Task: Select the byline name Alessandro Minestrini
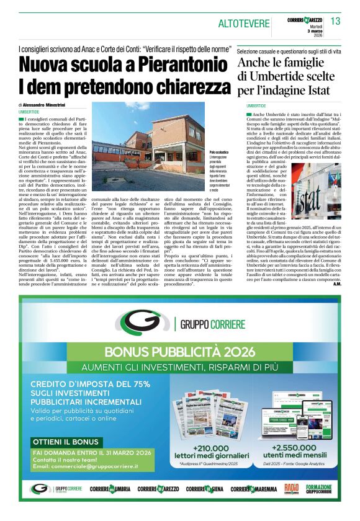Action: tap(47, 105)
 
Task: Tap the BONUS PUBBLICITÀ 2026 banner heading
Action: tap(180, 352)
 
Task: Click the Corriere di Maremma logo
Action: tap(253, 489)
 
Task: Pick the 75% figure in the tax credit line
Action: tap(137, 384)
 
